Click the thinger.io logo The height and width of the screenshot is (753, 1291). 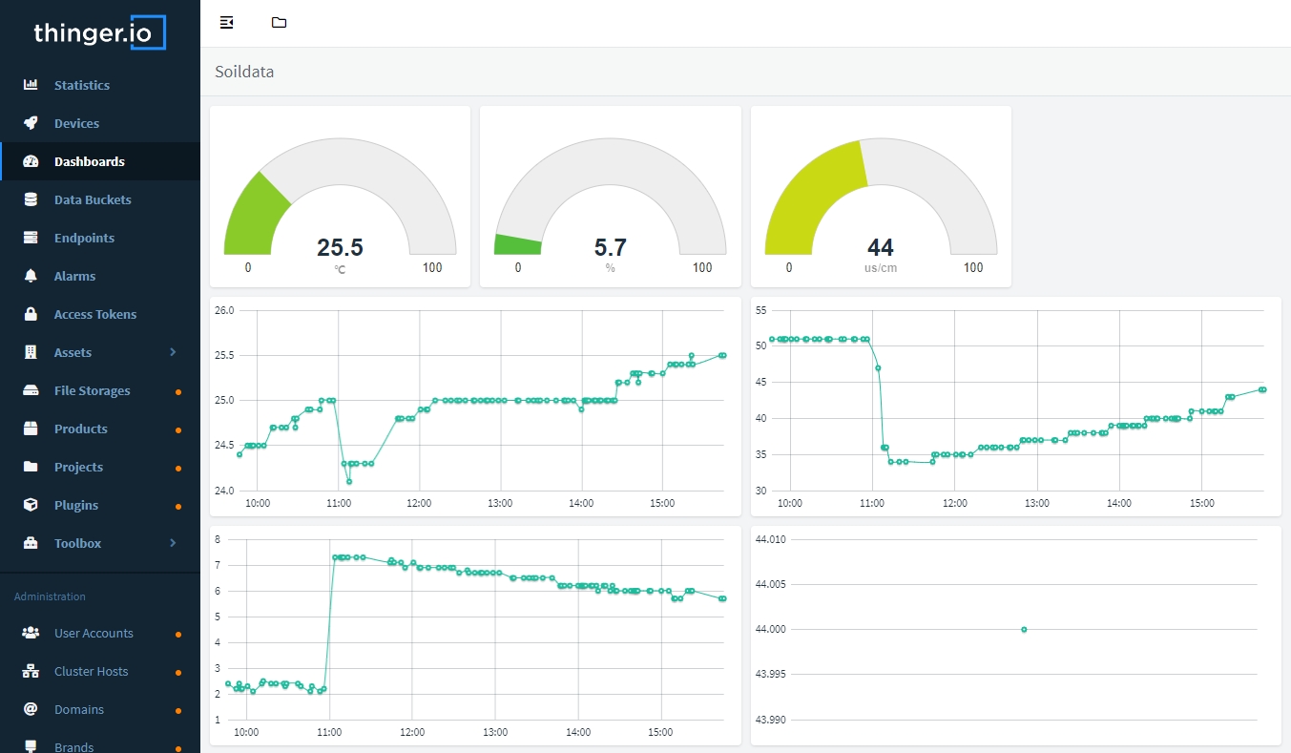99,32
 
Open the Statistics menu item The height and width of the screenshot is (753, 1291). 81,85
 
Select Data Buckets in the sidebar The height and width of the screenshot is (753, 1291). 93,199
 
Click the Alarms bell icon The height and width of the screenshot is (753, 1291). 31,276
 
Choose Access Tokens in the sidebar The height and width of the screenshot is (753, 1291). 94,314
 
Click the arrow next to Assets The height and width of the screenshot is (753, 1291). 173,352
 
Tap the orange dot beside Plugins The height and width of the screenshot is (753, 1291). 178,506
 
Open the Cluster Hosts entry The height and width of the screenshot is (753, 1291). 91,671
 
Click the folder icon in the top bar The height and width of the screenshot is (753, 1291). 279,23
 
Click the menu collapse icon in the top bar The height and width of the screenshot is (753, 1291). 226,23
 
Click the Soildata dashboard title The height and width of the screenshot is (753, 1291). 244,72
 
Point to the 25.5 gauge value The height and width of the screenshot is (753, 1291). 340,247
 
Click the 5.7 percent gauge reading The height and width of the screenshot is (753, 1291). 610,247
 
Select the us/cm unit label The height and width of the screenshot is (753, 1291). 880,268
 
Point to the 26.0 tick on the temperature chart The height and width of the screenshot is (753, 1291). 224,310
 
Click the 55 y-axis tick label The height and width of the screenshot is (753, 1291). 761,310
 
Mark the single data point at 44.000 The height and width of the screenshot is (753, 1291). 1024,629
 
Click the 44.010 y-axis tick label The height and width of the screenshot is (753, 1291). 770,539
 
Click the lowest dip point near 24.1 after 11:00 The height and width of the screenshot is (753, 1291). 349,481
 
